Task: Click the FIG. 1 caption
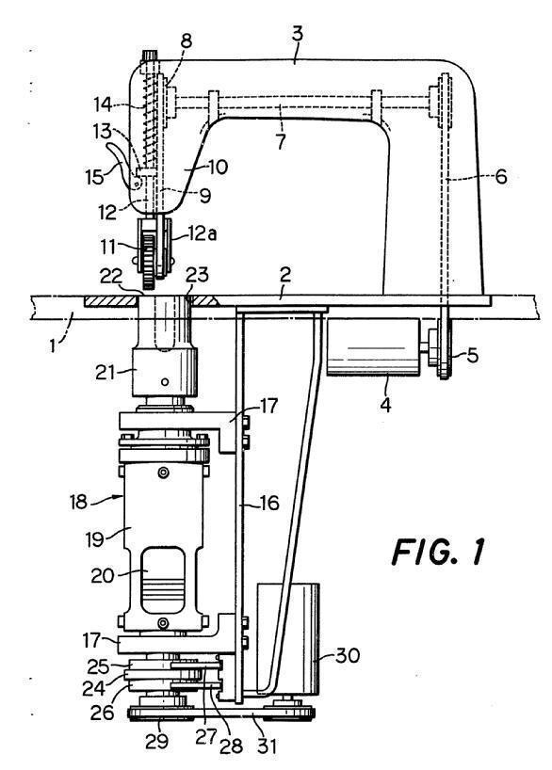pos(437,552)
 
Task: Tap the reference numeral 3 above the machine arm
pos(298,36)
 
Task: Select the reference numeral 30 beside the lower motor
pos(348,655)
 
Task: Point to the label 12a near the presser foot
pos(203,233)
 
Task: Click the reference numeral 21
pos(106,373)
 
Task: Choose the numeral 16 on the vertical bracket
pos(268,503)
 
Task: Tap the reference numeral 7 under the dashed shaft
pos(280,141)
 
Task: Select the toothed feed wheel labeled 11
pos(149,255)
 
